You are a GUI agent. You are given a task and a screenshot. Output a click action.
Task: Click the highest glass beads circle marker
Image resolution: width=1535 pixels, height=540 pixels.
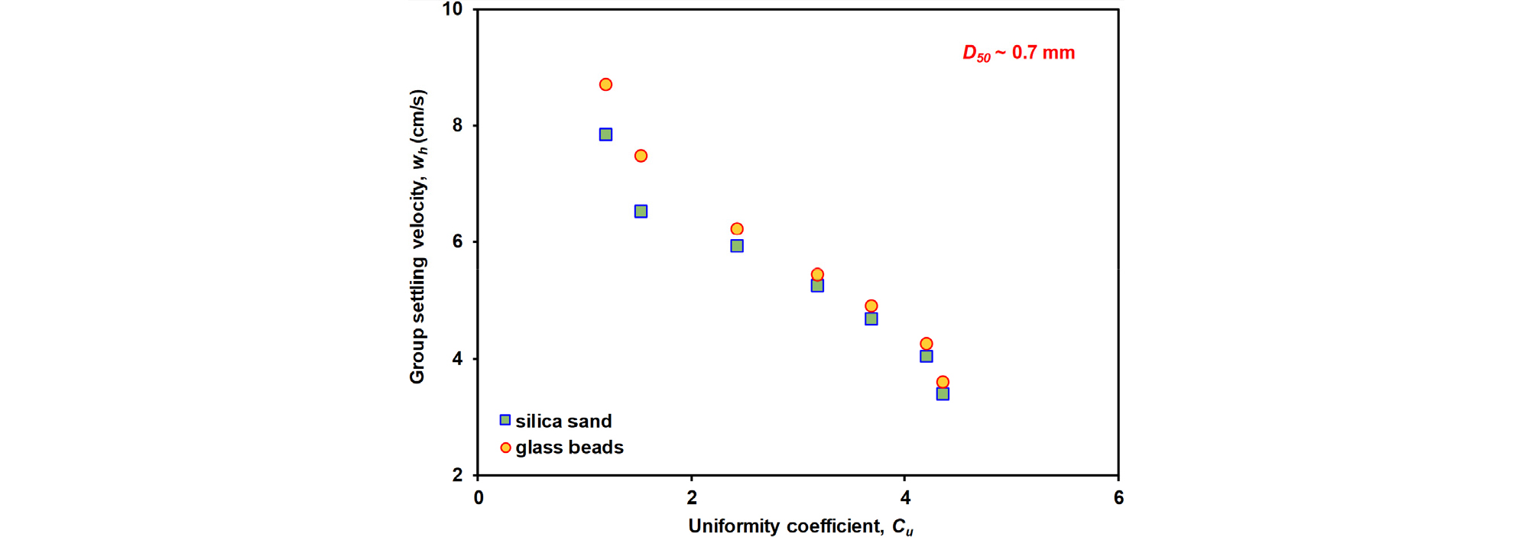[x=605, y=85]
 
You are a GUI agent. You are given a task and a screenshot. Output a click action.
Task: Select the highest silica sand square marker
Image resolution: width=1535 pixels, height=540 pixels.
[x=605, y=134]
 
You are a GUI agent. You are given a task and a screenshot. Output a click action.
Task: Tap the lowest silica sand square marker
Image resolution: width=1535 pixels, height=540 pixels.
[x=943, y=394]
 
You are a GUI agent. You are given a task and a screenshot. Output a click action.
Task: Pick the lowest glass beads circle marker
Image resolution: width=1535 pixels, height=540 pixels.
[x=943, y=382]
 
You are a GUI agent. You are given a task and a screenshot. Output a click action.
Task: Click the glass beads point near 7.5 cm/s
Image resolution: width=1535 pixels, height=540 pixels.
[x=641, y=156]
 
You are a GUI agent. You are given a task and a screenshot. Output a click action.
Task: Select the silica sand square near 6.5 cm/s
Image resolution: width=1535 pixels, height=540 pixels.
[x=641, y=212]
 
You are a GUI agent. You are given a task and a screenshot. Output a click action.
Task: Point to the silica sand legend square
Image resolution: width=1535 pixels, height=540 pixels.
[x=505, y=420]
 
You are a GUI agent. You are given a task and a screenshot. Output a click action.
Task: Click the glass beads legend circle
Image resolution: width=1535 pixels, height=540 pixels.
[x=505, y=448]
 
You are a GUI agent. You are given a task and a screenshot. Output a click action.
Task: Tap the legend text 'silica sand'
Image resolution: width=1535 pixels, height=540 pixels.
[x=563, y=421]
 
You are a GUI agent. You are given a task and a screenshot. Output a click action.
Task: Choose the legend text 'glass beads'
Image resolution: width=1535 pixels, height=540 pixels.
[x=570, y=448]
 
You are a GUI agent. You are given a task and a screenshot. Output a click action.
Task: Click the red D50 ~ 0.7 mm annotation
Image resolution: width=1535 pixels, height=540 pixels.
[x=1018, y=53]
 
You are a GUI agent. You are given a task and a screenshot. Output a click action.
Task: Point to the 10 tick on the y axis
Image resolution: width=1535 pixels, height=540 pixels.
[x=453, y=9]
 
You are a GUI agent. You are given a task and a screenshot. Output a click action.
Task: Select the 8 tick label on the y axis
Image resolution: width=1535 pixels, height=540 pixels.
[x=457, y=125]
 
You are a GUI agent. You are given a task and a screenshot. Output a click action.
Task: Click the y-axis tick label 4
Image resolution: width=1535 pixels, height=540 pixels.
[x=457, y=358]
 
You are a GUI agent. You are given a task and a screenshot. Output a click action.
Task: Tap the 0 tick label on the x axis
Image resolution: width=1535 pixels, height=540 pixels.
[x=479, y=498]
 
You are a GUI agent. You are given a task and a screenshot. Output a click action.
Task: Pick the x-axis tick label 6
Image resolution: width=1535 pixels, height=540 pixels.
[x=1118, y=498]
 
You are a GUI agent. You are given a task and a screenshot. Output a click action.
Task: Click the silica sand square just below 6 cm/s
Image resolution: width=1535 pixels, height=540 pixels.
[x=737, y=246]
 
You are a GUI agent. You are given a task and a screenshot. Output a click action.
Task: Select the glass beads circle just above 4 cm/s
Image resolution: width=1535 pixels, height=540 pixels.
[x=927, y=344]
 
